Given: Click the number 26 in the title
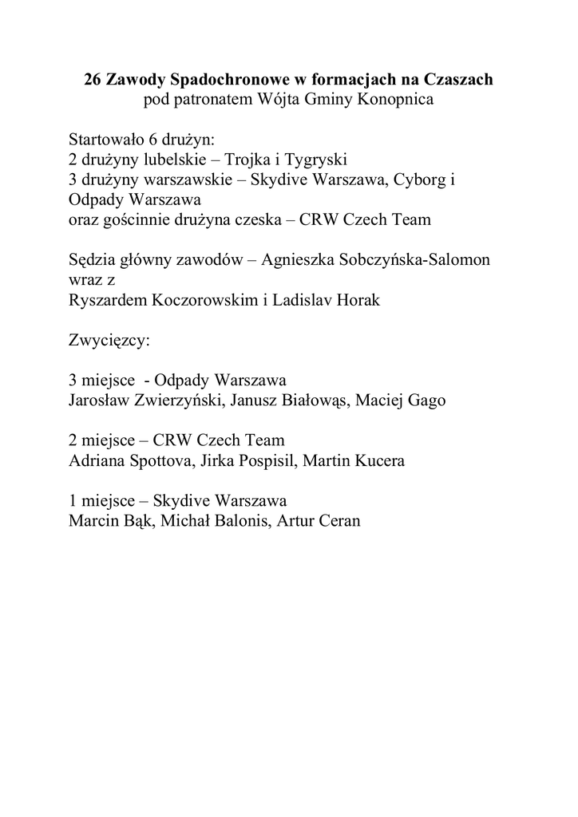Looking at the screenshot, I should click(93, 80).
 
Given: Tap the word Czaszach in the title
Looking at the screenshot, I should click(461, 80).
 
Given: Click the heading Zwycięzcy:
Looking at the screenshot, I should click(109, 341).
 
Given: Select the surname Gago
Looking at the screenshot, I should click(426, 401).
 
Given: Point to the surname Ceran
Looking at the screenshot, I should click(338, 521).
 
